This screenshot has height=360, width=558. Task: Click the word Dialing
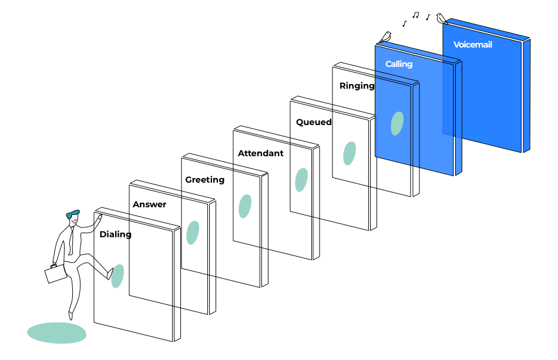click(x=115, y=234)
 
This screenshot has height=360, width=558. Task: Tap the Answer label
click(x=149, y=205)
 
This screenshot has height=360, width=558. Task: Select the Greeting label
click(x=204, y=180)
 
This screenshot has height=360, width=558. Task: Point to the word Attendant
click(x=260, y=153)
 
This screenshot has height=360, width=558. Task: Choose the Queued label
click(x=314, y=122)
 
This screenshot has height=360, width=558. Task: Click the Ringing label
click(x=357, y=86)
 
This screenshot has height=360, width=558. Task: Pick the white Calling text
click(x=399, y=64)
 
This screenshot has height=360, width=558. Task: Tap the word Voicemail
click(x=472, y=45)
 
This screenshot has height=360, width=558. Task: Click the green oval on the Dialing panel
click(x=117, y=276)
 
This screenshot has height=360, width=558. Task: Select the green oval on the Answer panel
click(x=193, y=233)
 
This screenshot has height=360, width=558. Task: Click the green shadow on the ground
click(x=56, y=333)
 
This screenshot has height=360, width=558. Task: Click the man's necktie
click(x=71, y=240)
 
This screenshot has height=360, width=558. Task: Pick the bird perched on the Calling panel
click(x=385, y=37)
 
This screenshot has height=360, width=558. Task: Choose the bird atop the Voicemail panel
click(x=441, y=18)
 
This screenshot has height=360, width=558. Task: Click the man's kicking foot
click(x=109, y=274)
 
